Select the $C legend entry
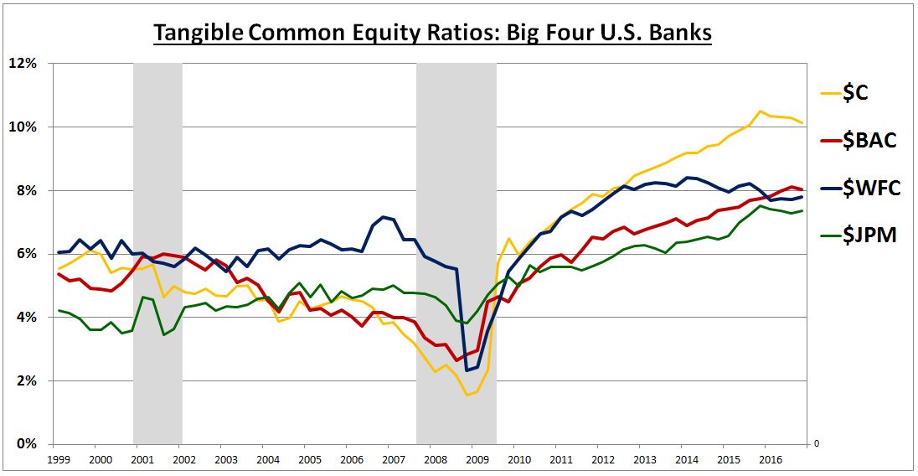[x=856, y=93]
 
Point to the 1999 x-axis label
[x=59, y=460]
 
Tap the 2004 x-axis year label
[x=267, y=460]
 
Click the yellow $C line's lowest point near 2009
[x=467, y=395]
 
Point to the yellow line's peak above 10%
[x=760, y=111]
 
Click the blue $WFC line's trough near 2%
[x=467, y=370]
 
